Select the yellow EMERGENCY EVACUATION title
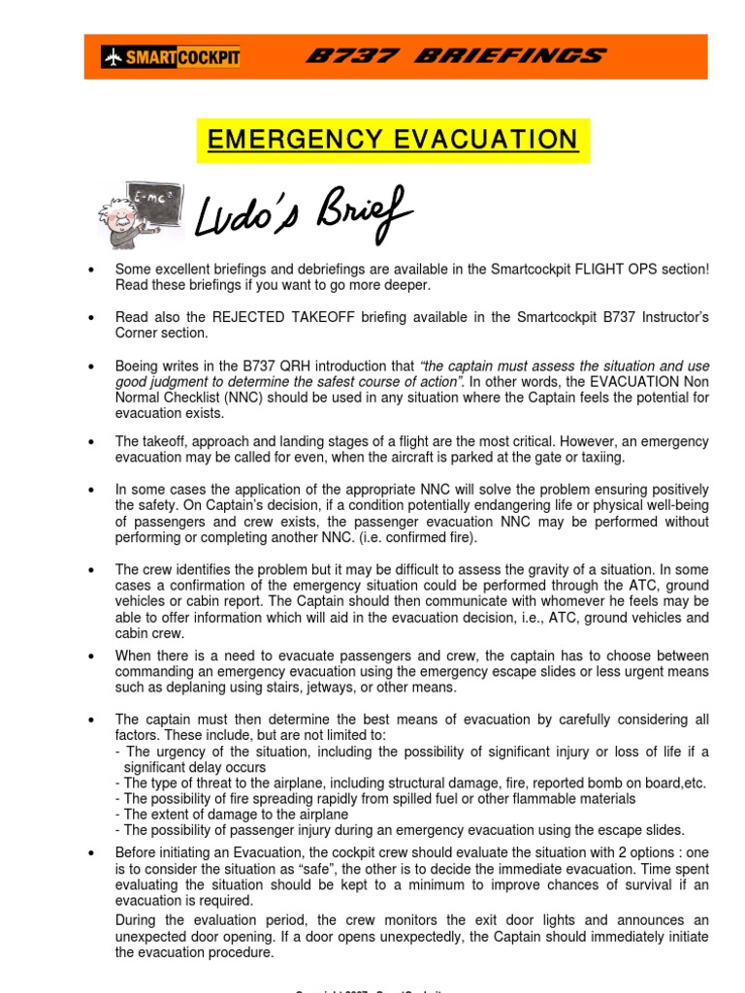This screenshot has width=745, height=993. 393,140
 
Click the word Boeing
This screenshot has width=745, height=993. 138,366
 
